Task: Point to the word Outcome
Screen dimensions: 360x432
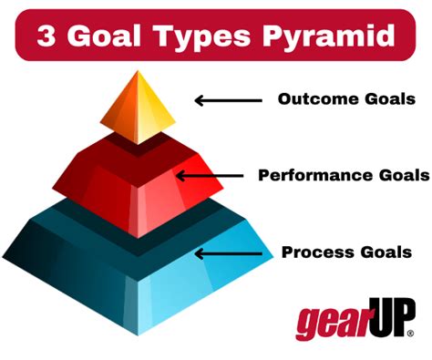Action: tap(315, 98)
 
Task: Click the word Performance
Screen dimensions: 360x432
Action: tap(311, 174)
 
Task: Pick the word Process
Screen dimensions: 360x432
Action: tap(316, 252)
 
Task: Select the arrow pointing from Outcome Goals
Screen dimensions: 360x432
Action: tap(227, 99)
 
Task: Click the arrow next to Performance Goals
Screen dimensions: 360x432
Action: tap(209, 174)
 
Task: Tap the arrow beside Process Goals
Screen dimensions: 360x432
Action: tap(227, 253)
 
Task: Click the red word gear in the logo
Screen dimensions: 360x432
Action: tap(331, 323)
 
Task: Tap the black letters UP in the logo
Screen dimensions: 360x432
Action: tap(389, 318)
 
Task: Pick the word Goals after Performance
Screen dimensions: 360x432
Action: tap(395, 174)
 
